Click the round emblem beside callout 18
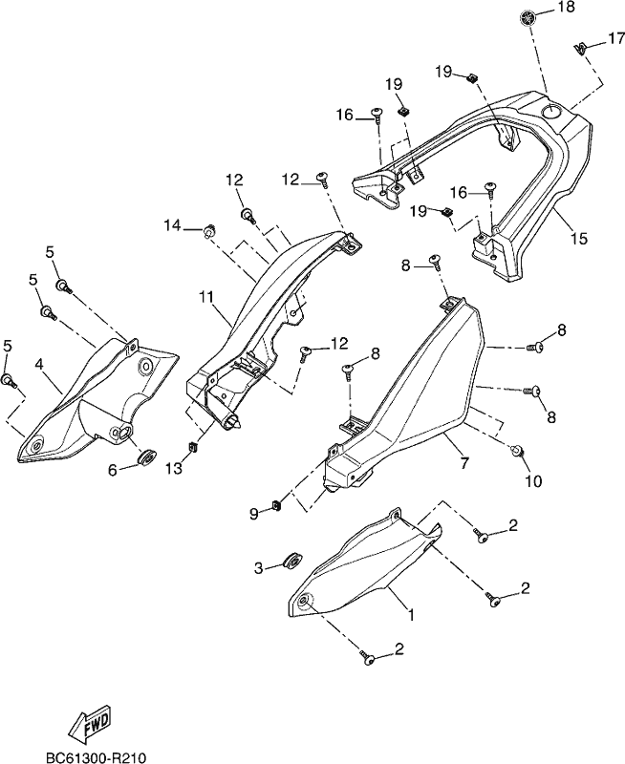(527, 18)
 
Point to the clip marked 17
(579, 49)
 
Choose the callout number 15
(579, 239)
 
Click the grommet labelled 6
(146, 457)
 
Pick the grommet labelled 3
(293, 561)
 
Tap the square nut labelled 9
(277, 505)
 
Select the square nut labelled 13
(193, 446)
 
